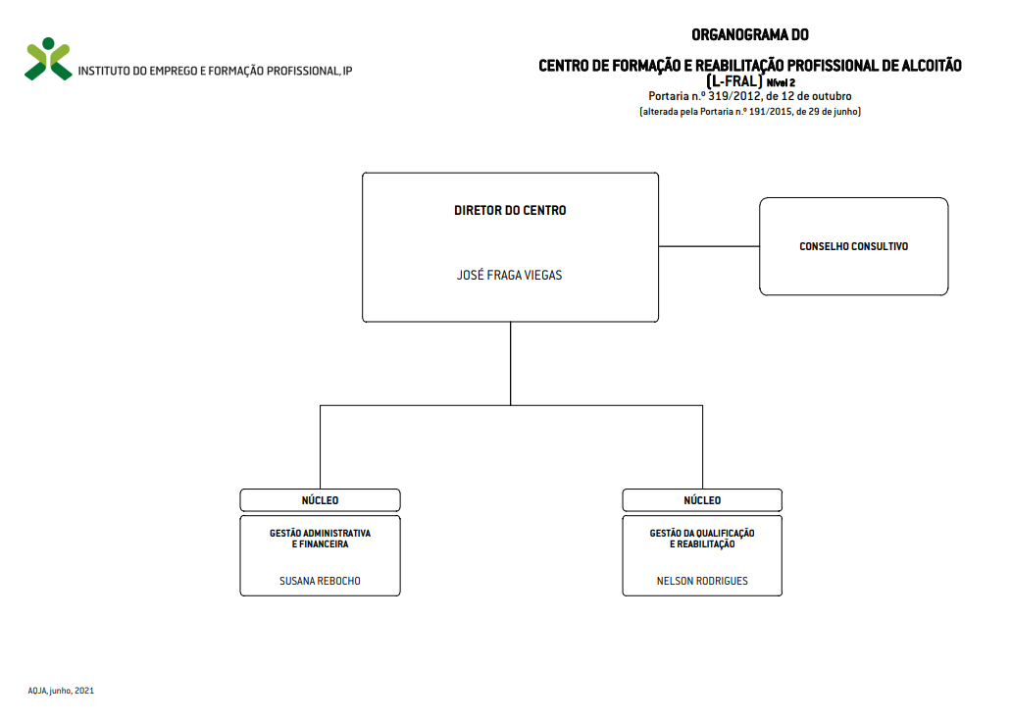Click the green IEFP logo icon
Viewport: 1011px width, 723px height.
tap(48, 59)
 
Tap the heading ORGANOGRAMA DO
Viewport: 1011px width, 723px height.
tap(750, 35)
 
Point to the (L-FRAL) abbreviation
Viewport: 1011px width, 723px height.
tap(734, 81)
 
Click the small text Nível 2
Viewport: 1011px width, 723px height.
tap(781, 82)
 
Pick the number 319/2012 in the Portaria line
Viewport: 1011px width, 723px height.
tap(734, 96)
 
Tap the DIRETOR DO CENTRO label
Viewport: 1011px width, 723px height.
tap(510, 210)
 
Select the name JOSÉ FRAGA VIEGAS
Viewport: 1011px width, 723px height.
tap(509, 276)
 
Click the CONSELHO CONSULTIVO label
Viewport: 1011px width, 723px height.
tap(854, 246)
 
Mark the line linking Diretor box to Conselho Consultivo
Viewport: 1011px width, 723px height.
tap(709, 246)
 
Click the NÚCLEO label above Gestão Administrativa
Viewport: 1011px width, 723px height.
tap(320, 500)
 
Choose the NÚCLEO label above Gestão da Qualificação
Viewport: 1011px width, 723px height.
tap(702, 500)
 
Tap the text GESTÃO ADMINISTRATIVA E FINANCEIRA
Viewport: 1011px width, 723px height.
tap(320, 539)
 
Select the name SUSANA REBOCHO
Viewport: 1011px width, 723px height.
tap(320, 581)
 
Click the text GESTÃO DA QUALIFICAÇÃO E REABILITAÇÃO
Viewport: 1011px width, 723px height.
tap(702, 539)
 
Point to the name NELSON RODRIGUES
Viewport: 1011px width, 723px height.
tap(702, 581)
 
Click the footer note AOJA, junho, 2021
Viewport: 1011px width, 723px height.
tap(61, 691)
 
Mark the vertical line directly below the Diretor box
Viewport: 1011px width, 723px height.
tap(510, 364)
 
